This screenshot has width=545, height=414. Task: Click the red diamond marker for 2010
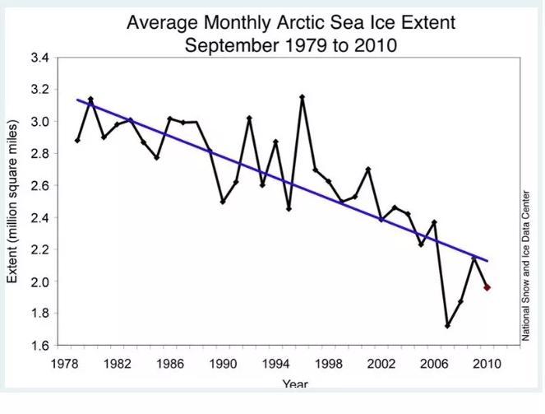click(487, 287)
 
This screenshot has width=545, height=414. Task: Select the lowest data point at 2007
click(447, 326)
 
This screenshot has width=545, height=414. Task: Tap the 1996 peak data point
click(303, 97)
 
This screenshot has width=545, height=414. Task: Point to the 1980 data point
click(90, 99)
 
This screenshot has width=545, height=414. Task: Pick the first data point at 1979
click(77, 140)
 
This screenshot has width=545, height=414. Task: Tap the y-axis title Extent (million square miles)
click(14, 202)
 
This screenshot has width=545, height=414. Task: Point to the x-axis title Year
click(295, 384)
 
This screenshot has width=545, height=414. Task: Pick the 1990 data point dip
click(223, 202)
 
